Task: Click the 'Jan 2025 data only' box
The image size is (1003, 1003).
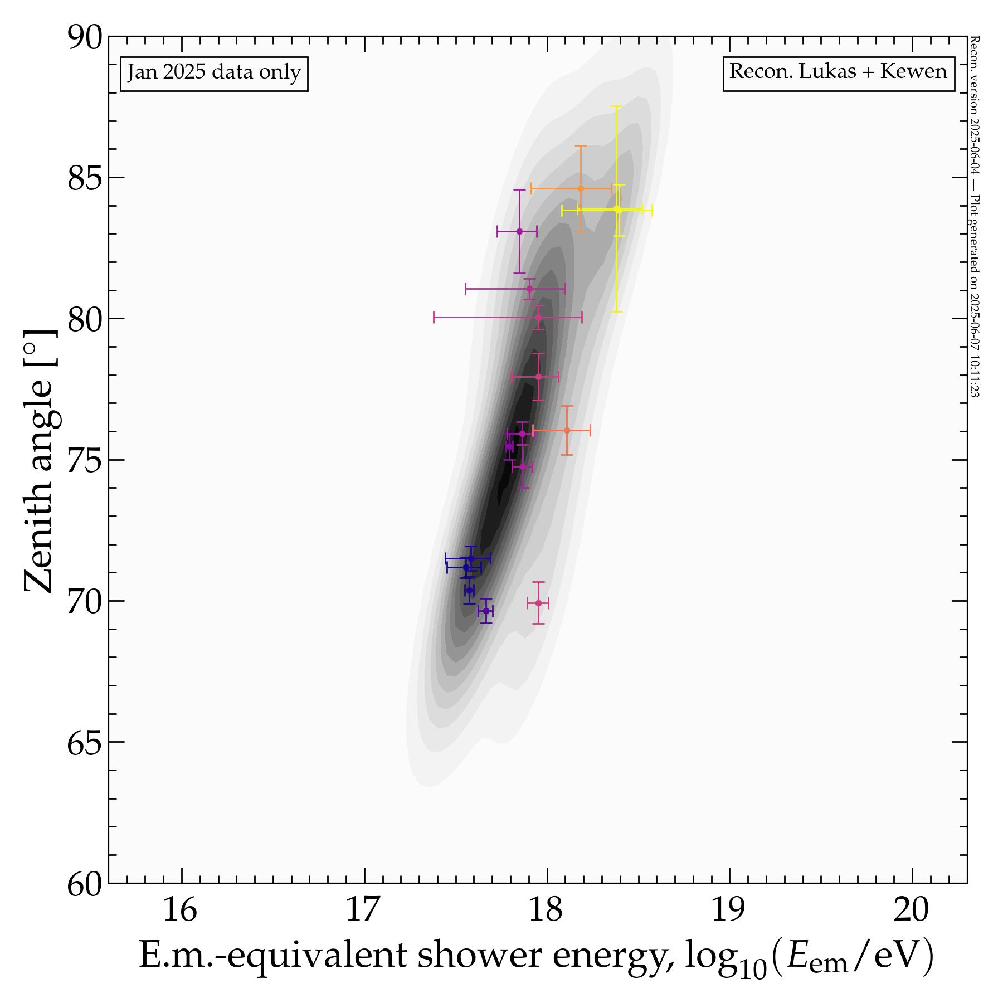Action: [x=214, y=73]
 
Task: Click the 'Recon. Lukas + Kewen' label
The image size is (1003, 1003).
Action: [x=838, y=72]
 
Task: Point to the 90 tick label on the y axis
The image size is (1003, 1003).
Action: [x=85, y=38]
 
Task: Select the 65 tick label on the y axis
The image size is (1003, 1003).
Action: [x=85, y=743]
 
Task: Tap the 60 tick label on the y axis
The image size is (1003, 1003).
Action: [x=85, y=885]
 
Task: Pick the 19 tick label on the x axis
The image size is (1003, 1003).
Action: [x=728, y=911]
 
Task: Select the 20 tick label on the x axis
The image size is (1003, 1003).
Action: [x=912, y=911]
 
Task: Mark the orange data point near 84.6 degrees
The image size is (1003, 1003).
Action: [x=581, y=188]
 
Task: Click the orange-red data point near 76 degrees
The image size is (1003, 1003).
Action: [x=567, y=430]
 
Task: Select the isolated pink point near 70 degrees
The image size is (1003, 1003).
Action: [x=538, y=603]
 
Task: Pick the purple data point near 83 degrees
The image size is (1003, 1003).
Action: [x=519, y=231]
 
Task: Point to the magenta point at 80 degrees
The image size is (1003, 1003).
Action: [x=538, y=318]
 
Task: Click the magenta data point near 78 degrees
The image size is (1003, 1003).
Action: [x=538, y=377]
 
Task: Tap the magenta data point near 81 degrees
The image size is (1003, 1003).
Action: [x=529, y=289]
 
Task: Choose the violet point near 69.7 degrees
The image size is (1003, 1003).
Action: [x=486, y=611]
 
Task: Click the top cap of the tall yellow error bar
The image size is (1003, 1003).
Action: [x=616, y=106]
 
